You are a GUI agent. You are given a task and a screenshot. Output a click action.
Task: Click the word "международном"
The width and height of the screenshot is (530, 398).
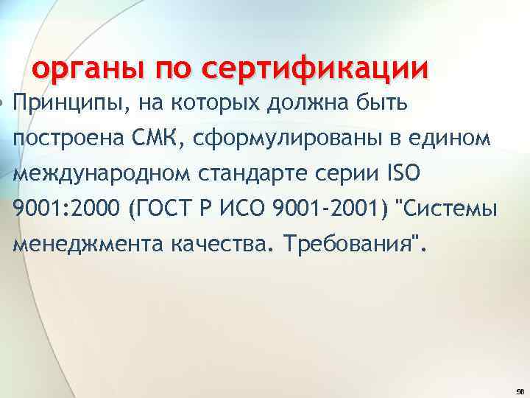pos(103,173)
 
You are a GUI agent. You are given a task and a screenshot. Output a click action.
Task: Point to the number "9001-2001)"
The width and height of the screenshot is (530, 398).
pos(331,209)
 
